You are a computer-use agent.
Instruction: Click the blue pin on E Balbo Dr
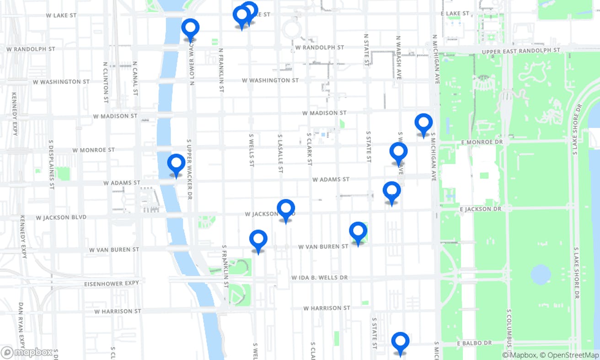400,342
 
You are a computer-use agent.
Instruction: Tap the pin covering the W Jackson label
286,209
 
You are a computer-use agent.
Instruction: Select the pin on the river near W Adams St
176,164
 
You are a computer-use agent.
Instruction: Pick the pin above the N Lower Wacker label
190,28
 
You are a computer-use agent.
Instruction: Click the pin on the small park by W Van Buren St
358,231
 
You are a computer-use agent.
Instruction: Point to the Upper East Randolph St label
521,51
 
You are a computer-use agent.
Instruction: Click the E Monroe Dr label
482,142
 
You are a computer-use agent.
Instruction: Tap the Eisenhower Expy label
111,284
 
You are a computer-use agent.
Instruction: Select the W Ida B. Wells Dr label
319,278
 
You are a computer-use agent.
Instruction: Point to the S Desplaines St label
51,164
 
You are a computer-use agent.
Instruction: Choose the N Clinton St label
106,82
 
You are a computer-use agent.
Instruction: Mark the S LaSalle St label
280,153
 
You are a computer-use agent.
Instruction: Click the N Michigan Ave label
436,59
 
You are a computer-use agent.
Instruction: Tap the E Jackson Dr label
480,209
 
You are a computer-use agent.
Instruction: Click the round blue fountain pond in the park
541,274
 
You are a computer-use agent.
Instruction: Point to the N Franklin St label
221,71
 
